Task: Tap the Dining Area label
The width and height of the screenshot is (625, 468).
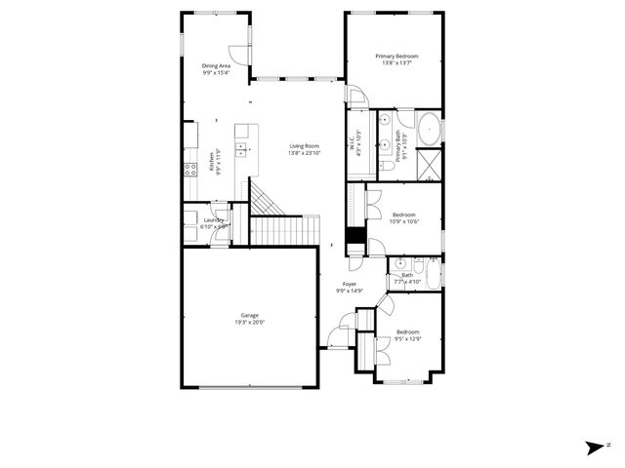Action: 216,65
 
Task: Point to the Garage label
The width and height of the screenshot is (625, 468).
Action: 250,315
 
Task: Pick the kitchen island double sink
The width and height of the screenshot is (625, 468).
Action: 241,149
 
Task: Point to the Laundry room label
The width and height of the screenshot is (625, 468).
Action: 214,220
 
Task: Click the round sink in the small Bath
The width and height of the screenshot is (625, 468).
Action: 400,263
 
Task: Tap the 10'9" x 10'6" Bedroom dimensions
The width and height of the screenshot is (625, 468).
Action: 404,221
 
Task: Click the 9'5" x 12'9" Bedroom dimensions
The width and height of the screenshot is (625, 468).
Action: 407,338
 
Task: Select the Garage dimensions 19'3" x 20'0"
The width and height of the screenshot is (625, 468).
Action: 250,322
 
